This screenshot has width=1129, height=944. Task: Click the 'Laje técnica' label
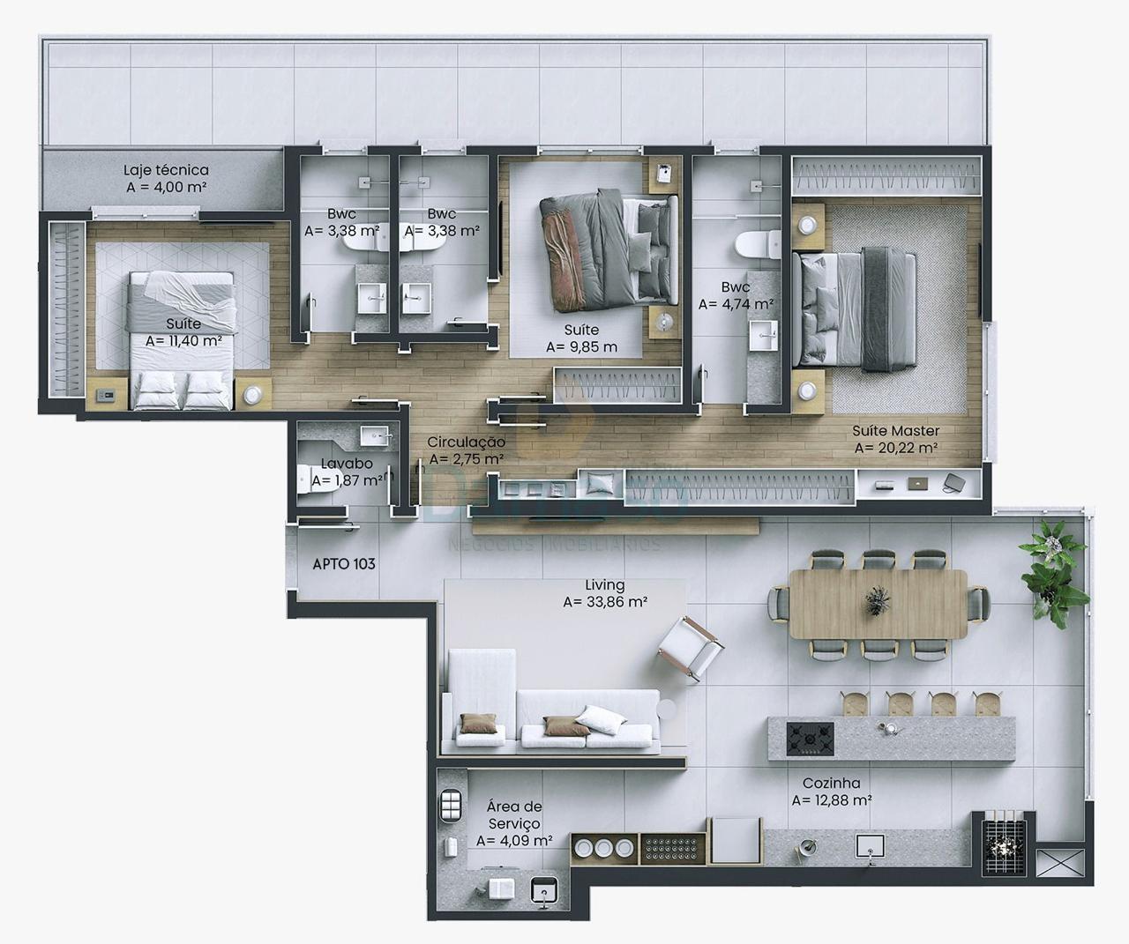166,170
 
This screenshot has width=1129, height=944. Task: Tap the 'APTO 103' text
344,564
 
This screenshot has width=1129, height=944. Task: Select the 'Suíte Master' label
895,431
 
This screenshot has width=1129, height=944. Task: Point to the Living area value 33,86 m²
605,603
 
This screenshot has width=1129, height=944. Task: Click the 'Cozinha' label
831,783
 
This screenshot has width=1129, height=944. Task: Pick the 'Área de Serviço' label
514,814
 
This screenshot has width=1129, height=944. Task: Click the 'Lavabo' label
346,464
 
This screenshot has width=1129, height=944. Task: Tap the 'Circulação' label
466,442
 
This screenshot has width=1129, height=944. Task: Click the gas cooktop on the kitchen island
810,737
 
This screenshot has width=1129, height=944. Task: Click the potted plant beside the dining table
1053,569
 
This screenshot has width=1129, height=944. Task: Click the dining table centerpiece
877,600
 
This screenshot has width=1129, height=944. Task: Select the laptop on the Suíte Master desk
917,483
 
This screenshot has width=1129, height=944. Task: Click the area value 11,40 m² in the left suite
183,341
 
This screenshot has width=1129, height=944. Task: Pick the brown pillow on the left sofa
475,724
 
